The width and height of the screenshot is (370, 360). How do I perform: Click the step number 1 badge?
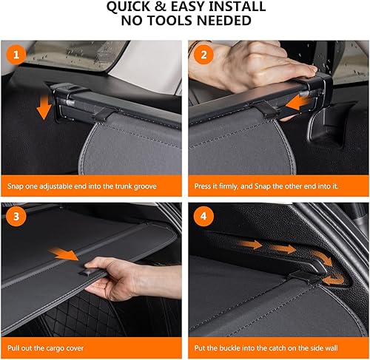[x=15, y=54]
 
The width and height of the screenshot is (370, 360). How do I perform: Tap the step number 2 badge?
[x=201, y=54]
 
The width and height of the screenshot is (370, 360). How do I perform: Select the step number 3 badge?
[x=15, y=218]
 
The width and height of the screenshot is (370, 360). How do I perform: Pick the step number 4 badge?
[x=201, y=218]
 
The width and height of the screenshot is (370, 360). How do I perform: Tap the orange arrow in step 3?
[x=68, y=255]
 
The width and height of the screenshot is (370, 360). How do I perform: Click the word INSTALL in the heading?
[x=235, y=7]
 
